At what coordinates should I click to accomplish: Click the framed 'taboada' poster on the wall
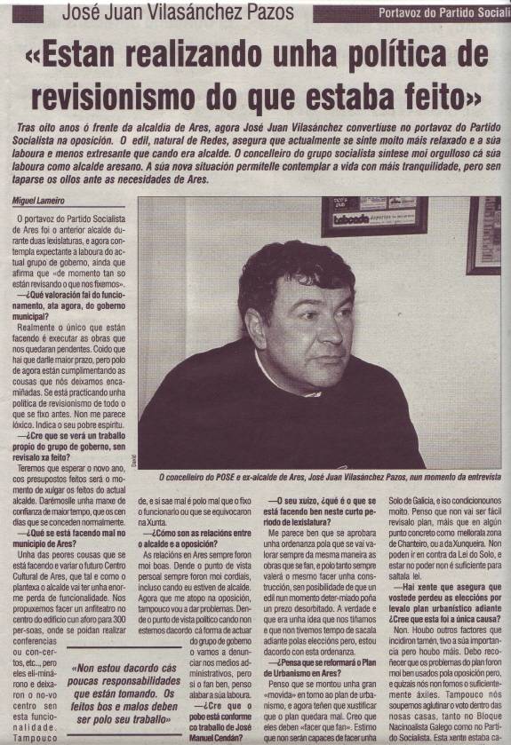coord(387,218)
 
